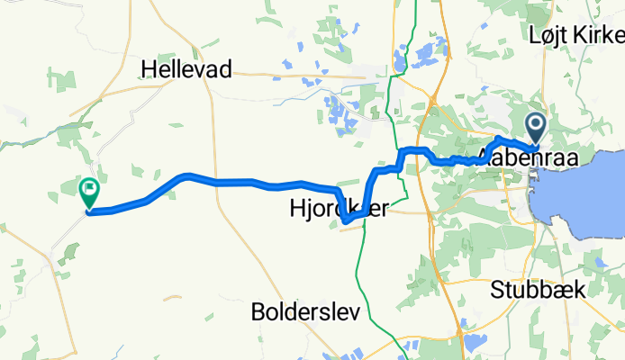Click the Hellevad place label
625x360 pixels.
[x=187, y=69]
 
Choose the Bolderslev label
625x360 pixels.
[x=305, y=312]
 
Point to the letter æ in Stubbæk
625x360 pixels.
[x=562, y=290]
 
